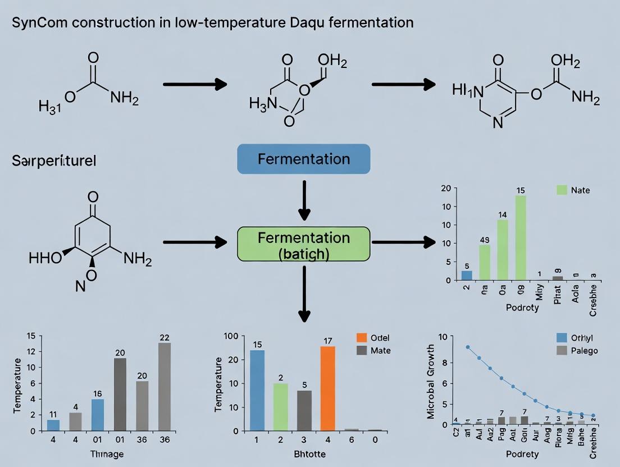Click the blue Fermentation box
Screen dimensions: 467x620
pos(304,158)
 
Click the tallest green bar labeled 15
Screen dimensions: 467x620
pos(520,237)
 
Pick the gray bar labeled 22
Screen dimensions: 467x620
pos(165,386)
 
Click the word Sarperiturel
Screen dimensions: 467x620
pos(54,161)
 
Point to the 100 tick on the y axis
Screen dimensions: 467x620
pos(231,336)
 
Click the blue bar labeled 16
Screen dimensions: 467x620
pos(98,414)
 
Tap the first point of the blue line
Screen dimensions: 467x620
pos(468,347)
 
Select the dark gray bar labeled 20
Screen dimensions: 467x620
pos(120,394)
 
